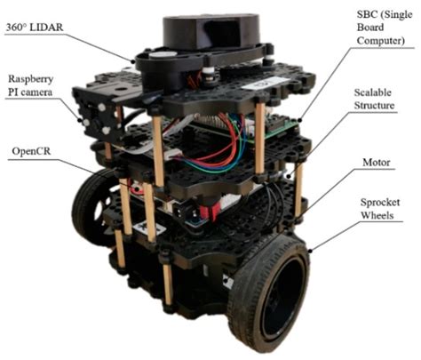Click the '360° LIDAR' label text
coord(35,28)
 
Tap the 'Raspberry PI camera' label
coord(30,85)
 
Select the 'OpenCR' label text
coord(31,151)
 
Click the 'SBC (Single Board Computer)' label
coord(385,27)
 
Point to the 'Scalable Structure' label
coord(374,99)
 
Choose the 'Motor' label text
coord(377,163)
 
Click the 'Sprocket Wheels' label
coord(380,209)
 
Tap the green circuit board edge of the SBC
coord(281,131)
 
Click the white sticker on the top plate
coord(265,83)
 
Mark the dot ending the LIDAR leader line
coord(133,61)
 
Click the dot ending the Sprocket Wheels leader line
coord(310,251)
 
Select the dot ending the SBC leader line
coord(299,120)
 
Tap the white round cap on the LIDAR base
coord(163,55)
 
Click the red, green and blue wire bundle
coord(228,142)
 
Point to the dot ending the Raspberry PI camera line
coord(79,120)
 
